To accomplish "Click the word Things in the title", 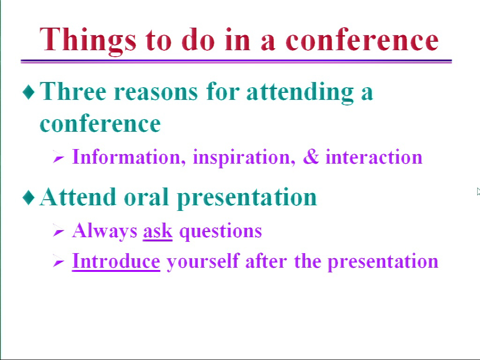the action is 88,41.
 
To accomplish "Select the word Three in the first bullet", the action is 73,91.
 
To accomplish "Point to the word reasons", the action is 156,92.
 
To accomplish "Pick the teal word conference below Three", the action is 100,123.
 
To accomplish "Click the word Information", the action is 128,157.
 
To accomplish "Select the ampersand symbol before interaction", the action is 311,157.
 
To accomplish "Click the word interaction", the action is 374,157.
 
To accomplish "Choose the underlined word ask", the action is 157,231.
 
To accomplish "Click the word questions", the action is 220,232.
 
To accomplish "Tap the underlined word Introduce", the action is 116,261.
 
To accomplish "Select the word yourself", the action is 202,262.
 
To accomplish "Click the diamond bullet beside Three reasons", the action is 29,92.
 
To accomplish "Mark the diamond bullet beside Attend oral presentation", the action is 29,197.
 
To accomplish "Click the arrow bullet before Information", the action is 58,157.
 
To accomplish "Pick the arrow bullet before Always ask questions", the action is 58,230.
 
